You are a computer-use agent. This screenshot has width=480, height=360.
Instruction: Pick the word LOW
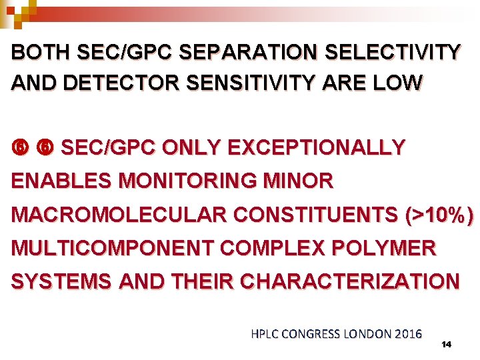(399, 83)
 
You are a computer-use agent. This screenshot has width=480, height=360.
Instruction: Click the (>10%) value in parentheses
(440, 215)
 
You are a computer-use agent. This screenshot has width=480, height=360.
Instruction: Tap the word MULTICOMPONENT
(111, 249)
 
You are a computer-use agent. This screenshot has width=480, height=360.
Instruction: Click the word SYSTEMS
(59, 282)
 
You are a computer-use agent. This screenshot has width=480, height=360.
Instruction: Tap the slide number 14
(447, 344)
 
